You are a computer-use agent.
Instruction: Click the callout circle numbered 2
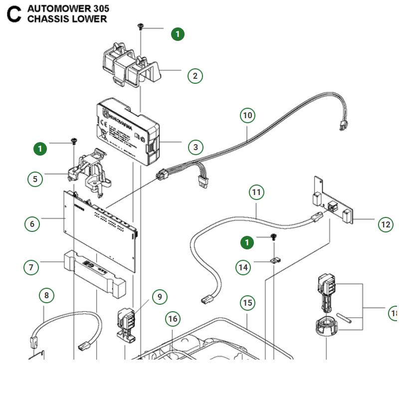click(195, 76)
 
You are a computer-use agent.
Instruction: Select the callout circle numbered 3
click(196, 147)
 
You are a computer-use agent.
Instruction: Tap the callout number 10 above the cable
click(247, 116)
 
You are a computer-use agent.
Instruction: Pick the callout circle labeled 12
click(386, 224)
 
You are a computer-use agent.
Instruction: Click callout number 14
click(243, 267)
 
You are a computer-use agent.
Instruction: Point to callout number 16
click(173, 319)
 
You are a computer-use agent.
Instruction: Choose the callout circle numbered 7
click(31, 267)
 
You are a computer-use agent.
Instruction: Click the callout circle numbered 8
click(46, 296)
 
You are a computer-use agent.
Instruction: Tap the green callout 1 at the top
click(178, 34)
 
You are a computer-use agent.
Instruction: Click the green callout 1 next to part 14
click(246, 242)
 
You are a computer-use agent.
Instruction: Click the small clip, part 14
click(275, 259)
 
